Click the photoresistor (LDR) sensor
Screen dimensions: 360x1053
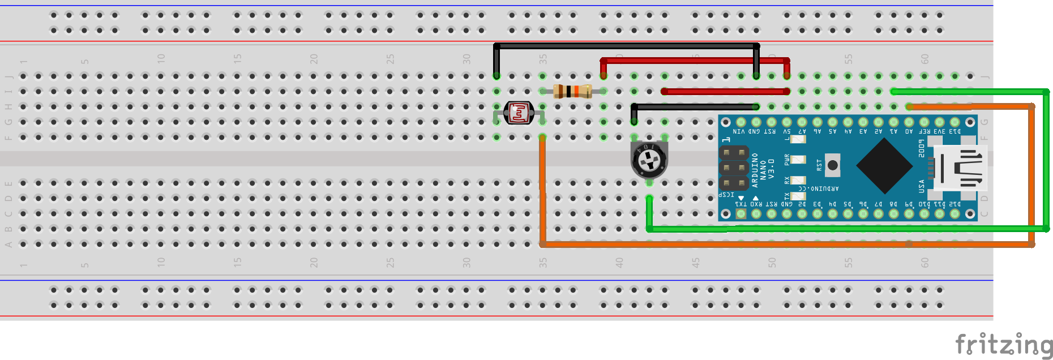(x=519, y=113)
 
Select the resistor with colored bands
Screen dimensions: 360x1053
(x=572, y=91)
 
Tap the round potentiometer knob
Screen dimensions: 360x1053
(x=649, y=160)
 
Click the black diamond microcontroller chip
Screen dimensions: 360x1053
(x=884, y=166)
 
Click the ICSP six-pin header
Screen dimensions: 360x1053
(x=734, y=168)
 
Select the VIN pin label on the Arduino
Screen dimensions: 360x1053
(x=739, y=131)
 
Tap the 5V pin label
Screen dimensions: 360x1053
(x=786, y=131)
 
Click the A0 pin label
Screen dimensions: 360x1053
(x=909, y=131)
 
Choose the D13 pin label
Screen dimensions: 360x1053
(x=954, y=131)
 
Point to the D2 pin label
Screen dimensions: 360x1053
(x=802, y=204)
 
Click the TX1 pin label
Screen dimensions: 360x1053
(x=740, y=204)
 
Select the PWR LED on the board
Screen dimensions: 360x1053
(x=798, y=160)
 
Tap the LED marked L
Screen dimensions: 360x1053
(x=798, y=139)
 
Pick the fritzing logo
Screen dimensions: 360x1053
(x=1003, y=345)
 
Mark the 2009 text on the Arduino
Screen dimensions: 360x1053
(x=922, y=148)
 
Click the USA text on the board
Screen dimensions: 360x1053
(x=922, y=186)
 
